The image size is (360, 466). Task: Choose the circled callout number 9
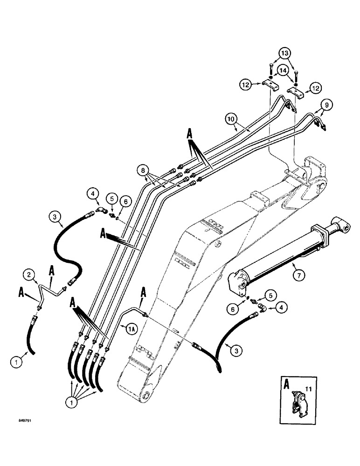click(327, 106)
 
